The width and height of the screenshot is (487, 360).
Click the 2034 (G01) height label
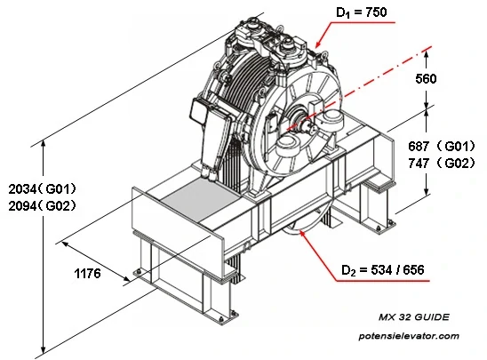[x=42, y=189]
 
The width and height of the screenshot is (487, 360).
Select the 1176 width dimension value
[x=85, y=274]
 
